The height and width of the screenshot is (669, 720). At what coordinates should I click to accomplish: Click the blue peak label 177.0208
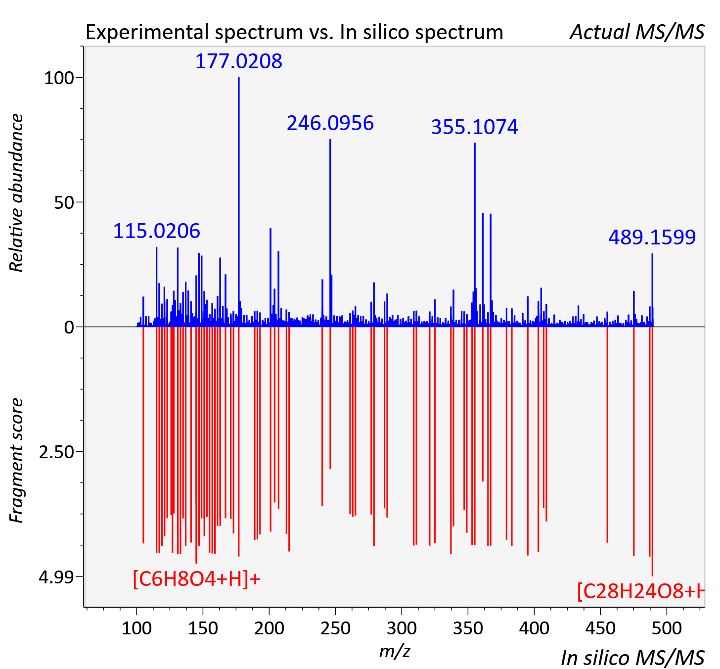click(x=238, y=61)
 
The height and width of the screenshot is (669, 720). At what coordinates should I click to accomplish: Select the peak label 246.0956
click(x=330, y=123)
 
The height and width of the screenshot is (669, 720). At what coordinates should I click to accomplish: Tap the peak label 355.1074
click(x=475, y=127)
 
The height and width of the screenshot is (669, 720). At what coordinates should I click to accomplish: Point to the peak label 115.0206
click(x=157, y=231)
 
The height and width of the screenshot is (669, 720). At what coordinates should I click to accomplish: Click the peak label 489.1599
click(x=652, y=238)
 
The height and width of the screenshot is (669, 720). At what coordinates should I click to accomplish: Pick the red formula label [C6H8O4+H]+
click(x=196, y=578)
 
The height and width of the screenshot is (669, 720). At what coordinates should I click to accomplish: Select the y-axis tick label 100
click(x=59, y=78)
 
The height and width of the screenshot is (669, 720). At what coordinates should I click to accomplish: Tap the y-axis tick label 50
click(x=64, y=203)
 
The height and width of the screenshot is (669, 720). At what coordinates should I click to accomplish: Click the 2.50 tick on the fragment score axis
click(x=56, y=452)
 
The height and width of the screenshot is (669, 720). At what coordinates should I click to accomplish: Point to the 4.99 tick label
click(x=56, y=577)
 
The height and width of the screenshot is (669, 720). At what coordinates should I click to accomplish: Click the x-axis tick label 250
click(x=335, y=628)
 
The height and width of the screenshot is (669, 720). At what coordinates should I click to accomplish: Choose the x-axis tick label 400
click(x=534, y=628)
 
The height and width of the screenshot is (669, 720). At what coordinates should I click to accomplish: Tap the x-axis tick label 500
click(x=667, y=628)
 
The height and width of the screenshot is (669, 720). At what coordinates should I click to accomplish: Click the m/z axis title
click(x=395, y=651)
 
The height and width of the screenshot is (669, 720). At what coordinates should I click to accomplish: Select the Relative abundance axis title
click(x=16, y=192)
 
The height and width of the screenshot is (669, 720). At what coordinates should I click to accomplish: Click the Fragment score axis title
click(x=16, y=460)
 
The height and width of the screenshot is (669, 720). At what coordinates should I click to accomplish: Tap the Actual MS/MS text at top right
click(x=637, y=32)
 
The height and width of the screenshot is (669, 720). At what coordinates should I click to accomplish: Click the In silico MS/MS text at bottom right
click(x=632, y=658)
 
